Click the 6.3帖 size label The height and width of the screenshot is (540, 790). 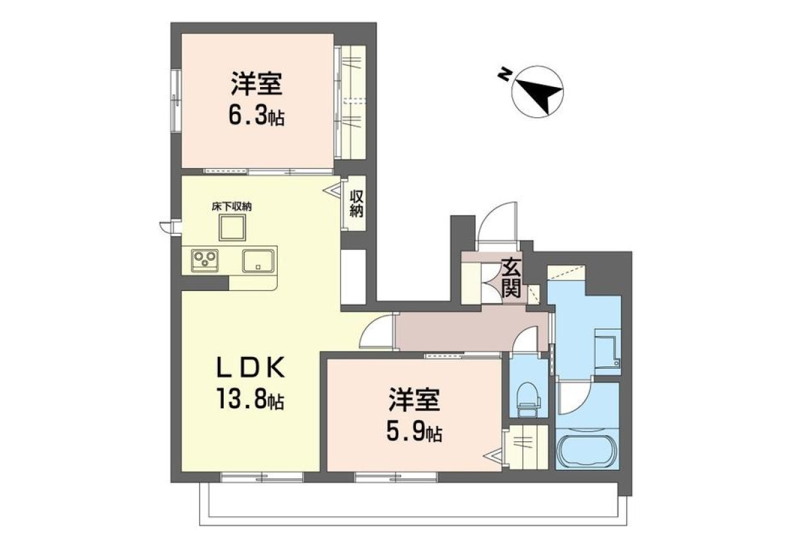(257, 117)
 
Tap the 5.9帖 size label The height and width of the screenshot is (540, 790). (414, 433)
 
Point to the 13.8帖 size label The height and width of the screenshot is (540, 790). (251, 398)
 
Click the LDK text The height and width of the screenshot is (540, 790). (250, 367)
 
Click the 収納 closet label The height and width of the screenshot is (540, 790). (357, 204)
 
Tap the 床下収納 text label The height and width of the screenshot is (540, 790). (232, 207)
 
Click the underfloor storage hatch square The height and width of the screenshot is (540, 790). (232, 227)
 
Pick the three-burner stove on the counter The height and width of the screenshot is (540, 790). (205, 261)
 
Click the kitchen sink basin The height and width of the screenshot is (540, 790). (259, 261)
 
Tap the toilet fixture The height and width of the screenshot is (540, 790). (529, 399)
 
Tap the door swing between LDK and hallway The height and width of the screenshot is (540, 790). (371, 325)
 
